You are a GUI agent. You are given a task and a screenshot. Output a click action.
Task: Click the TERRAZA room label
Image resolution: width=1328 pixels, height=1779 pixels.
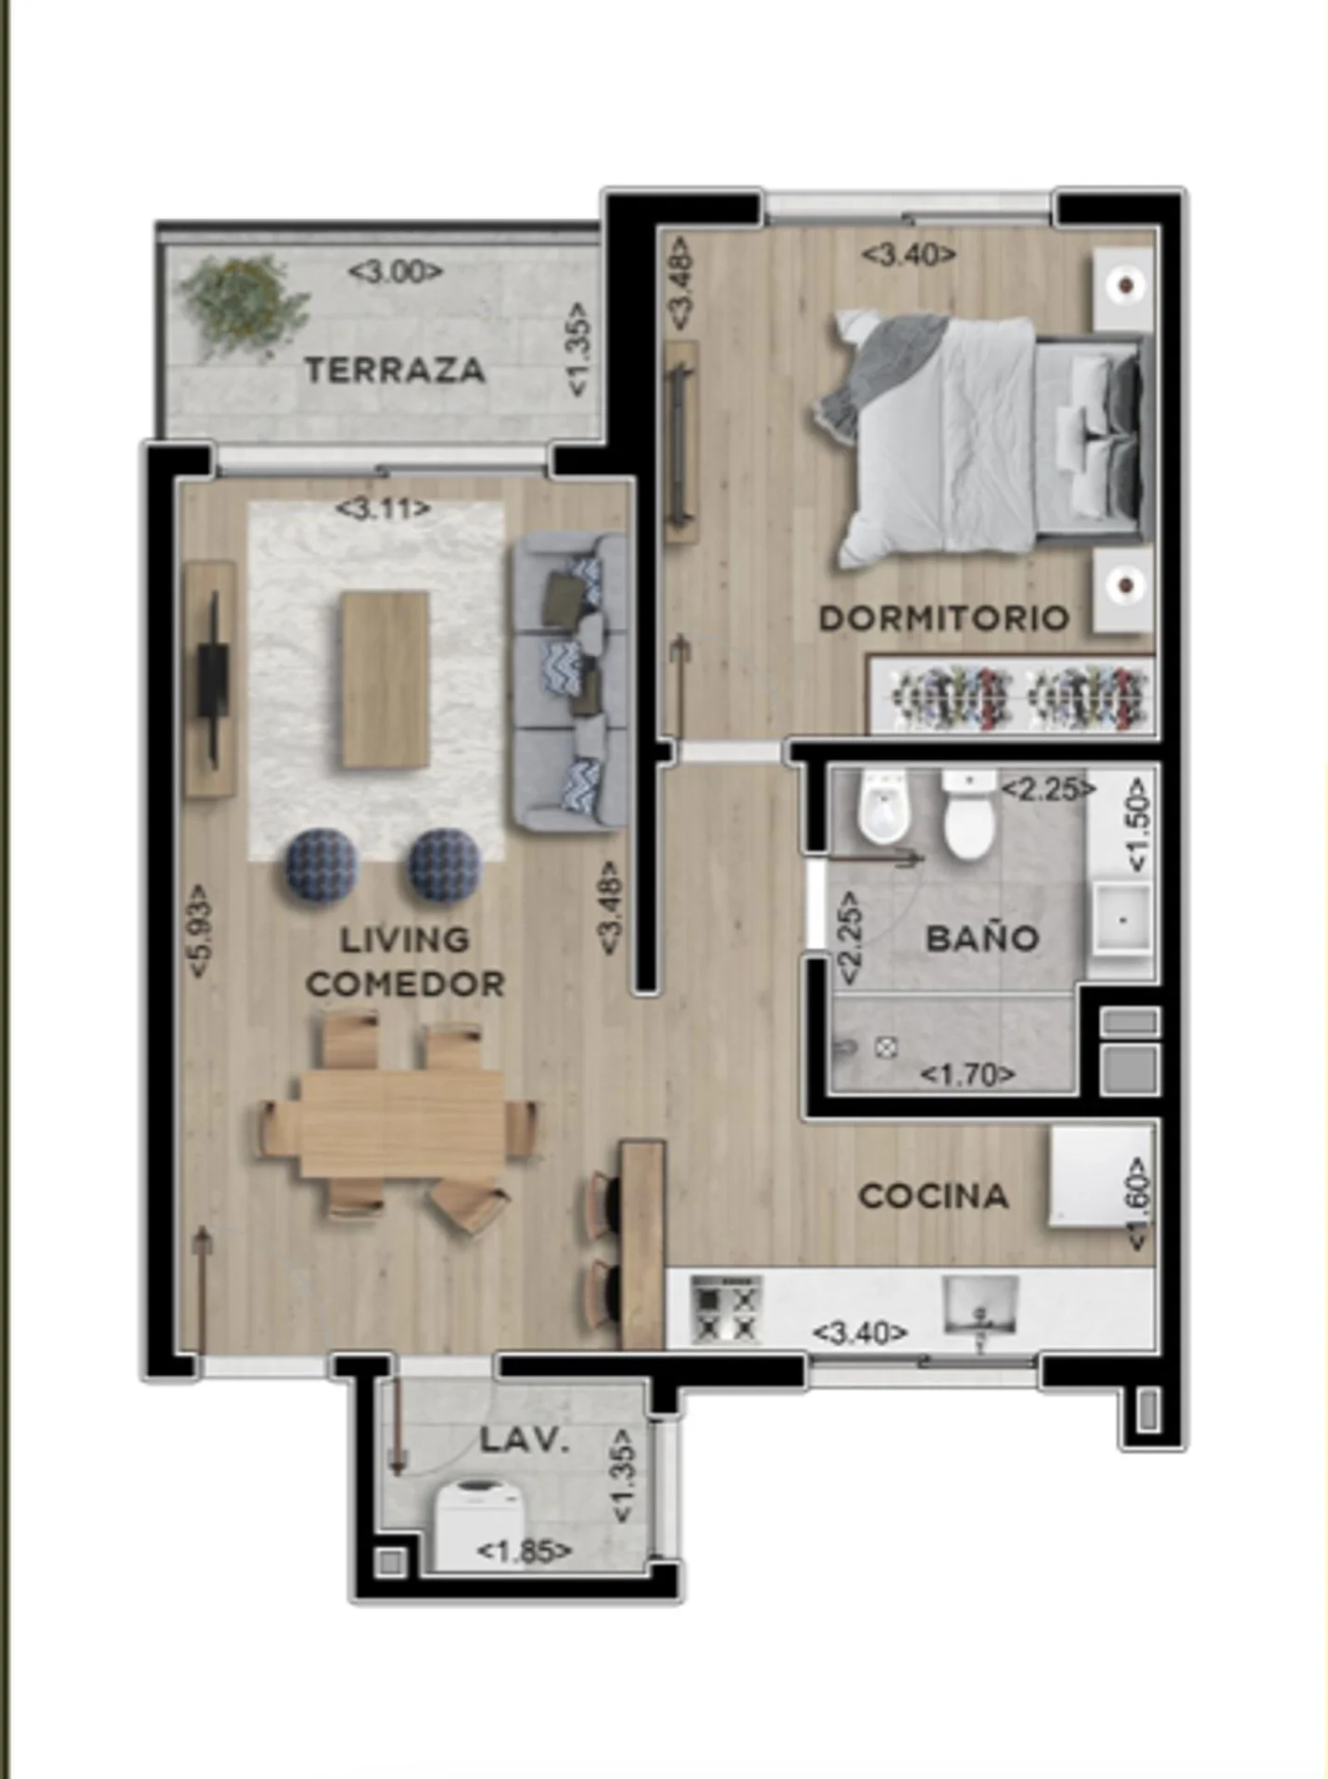(395, 371)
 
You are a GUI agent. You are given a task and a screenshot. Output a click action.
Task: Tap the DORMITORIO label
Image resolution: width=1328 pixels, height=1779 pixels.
(943, 618)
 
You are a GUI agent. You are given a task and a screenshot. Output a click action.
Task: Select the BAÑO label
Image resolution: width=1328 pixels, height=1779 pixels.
(982, 939)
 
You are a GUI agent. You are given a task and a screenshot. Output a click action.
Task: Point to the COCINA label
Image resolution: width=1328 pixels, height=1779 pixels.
(933, 1196)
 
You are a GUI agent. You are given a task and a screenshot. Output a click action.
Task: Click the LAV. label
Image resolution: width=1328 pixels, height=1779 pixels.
(524, 1440)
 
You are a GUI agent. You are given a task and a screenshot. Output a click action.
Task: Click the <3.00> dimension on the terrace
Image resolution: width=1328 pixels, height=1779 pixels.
(396, 271)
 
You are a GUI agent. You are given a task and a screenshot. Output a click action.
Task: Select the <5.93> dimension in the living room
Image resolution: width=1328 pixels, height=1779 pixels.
(201, 929)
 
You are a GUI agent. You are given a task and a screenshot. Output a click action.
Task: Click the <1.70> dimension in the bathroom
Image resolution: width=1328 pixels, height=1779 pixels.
(968, 1075)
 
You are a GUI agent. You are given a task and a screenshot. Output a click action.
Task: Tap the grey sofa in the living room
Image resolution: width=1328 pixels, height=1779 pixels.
(570, 681)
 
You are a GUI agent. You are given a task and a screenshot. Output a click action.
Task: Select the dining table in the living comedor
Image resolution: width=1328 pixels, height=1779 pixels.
(401, 1123)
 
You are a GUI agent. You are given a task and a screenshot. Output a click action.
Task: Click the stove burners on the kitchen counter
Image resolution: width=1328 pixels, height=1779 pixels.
(726, 1309)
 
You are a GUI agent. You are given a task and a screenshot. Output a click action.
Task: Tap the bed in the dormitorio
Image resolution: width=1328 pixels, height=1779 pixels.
(982, 440)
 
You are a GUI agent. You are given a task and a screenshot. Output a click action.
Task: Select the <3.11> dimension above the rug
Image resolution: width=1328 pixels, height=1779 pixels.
(383, 509)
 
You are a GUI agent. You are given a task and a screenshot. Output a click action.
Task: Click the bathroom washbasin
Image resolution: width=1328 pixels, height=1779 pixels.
(1122, 920)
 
